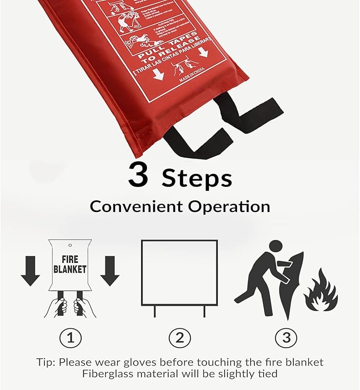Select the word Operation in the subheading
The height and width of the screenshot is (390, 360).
(x=225, y=206)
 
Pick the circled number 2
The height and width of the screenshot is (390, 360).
(x=179, y=338)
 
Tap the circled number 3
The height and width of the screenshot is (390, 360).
(x=286, y=338)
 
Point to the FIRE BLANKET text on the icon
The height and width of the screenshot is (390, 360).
(x=70, y=264)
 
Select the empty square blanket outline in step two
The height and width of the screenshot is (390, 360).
(x=179, y=272)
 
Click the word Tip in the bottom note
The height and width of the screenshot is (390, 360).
(x=47, y=362)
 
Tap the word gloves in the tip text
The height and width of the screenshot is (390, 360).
(x=151, y=362)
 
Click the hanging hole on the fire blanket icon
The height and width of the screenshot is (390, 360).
(x=70, y=245)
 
